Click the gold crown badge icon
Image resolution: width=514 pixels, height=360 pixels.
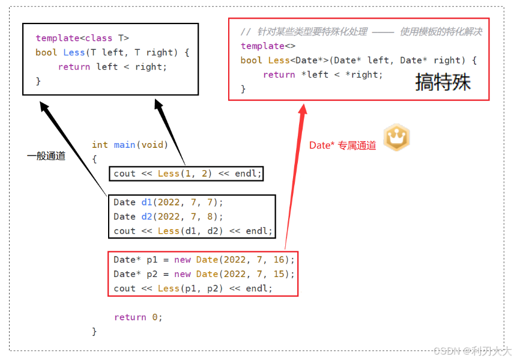point(396,138)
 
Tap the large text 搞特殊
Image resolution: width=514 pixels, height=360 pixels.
point(443,82)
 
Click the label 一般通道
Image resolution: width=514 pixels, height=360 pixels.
point(46,156)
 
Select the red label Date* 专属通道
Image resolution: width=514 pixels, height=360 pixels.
point(342,145)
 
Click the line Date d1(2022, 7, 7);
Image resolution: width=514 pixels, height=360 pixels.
point(168,203)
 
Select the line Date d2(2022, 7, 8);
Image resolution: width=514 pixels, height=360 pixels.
point(168,217)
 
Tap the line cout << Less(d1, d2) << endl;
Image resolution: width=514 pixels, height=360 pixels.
point(193,231)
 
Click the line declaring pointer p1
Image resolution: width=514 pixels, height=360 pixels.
point(204,260)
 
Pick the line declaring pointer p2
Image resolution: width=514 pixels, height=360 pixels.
point(204,274)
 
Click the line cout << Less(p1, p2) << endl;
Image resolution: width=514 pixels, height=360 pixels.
point(193,288)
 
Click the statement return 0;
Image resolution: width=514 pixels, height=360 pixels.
point(138,317)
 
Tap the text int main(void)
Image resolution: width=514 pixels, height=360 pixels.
point(130,145)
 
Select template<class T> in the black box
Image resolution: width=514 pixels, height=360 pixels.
point(82,38)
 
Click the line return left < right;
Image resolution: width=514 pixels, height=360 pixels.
point(112,67)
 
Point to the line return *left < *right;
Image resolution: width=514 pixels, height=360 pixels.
point(322,75)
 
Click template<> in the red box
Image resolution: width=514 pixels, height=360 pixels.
point(262,46)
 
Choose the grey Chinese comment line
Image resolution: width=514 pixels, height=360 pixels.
point(361,32)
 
